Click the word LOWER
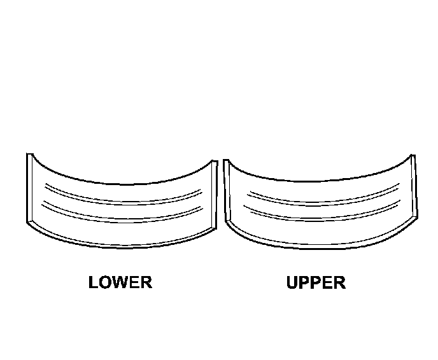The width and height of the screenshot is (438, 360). click(120, 282)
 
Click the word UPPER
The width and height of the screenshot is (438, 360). click(316, 282)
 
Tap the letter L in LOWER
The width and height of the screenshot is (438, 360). click(94, 282)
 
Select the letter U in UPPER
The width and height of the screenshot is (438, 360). click(293, 282)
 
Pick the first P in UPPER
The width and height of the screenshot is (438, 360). click(305, 282)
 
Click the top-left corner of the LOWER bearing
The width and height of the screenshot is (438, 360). click(28, 154)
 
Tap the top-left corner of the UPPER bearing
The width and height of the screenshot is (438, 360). click(225, 161)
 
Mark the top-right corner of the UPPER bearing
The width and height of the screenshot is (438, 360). click(414, 155)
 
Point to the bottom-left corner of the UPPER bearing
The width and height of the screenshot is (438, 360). click(227, 223)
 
